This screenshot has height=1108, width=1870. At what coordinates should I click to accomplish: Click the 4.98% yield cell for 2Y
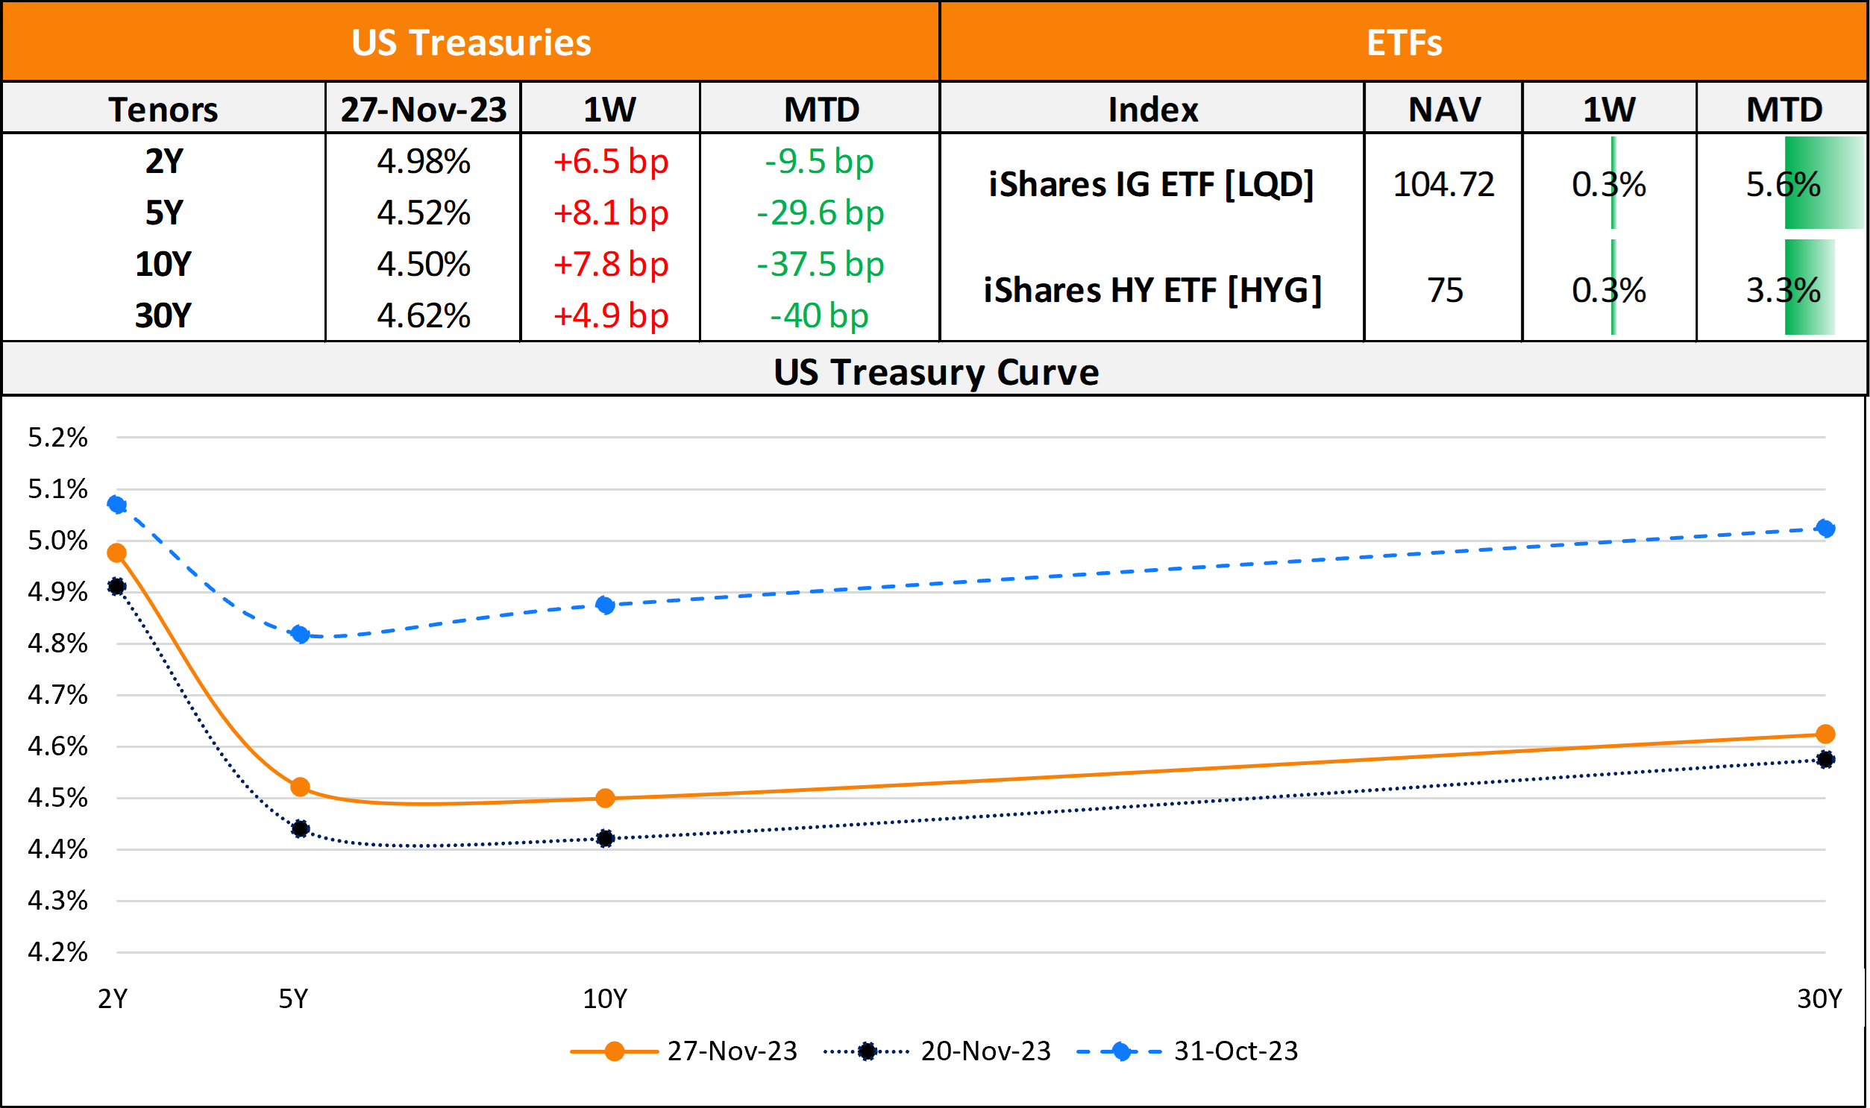[x=424, y=161]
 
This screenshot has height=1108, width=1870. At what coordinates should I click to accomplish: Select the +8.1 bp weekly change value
[x=610, y=213]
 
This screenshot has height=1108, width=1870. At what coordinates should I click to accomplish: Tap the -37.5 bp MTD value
[x=820, y=264]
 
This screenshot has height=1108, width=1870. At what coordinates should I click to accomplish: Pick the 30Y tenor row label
[x=163, y=315]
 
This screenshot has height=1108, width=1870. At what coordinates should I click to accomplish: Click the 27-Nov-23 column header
[x=424, y=110]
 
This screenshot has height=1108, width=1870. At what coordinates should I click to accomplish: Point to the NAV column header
[x=1444, y=110]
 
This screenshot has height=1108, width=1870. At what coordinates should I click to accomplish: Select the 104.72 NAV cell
[x=1443, y=184]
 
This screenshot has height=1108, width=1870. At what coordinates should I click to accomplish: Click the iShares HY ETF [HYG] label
[x=1152, y=290]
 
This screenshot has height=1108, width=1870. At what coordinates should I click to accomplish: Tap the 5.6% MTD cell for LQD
[x=1783, y=184]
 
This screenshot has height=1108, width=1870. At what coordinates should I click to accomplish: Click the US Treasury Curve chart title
[x=936, y=372]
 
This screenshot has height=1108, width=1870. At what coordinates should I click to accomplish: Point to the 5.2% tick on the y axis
[x=57, y=438]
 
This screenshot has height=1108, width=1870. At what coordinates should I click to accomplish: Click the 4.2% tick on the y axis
[x=57, y=952]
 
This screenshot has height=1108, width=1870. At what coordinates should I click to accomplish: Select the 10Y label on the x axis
[x=605, y=999]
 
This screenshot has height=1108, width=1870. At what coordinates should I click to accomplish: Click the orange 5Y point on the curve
[x=300, y=787]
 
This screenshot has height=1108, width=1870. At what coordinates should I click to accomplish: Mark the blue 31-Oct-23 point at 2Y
[x=116, y=505]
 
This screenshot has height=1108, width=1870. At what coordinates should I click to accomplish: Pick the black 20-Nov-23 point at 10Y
[x=606, y=839]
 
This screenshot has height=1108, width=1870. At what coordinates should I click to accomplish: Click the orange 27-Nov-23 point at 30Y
[x=1825, y=734]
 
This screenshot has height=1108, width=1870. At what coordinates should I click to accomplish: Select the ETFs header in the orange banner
[x=1404, y=43]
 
